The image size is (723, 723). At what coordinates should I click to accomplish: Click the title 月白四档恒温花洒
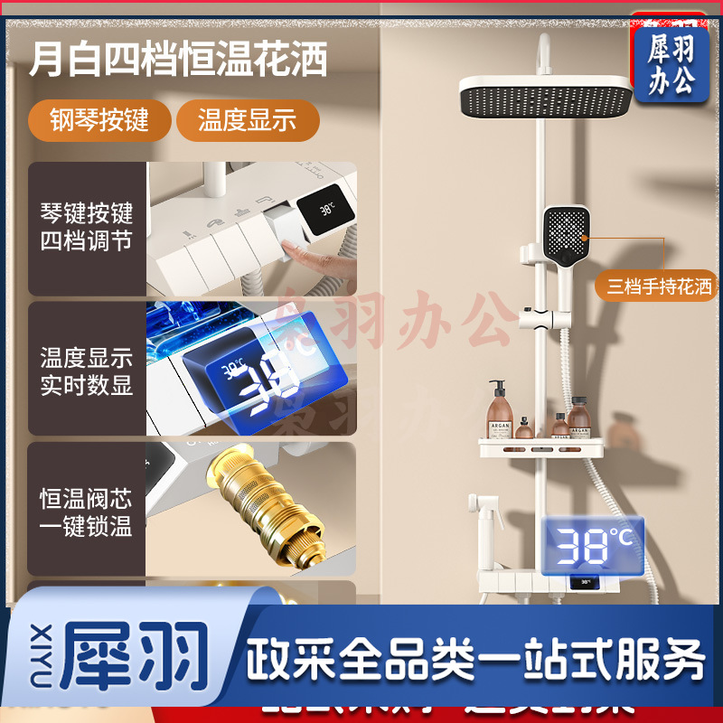(x=177, y=61)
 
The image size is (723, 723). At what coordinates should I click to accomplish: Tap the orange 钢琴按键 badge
(x=99, y=120)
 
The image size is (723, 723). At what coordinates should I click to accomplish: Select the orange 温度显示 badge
(x=247, y=120)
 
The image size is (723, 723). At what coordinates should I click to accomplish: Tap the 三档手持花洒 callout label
(x=659, y=286)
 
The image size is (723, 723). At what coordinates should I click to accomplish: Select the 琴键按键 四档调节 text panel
(x=87, y=229)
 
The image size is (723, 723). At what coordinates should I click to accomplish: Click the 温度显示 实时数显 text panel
(x=87, y=371)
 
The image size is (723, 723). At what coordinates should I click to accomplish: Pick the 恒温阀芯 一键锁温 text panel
(x=87, y=512)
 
